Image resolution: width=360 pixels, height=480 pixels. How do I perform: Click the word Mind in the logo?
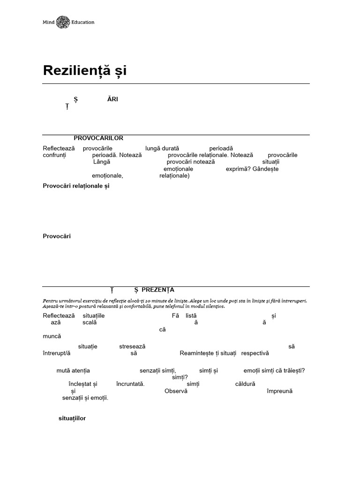pyautogui.click(x=48, y=22)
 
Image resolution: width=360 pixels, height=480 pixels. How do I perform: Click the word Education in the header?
pyautogui.click(x=83, y=22)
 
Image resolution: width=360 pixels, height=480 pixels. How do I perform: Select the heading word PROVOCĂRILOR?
pyautogui.click(x=98, y=138)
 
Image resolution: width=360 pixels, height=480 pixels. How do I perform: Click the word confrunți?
pyautogui.click(x=55, y=155)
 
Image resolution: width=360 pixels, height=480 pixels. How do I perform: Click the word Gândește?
pyautogui.click(x=265, y=169)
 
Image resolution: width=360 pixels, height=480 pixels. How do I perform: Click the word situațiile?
pyautogui.click(x=93, y=315)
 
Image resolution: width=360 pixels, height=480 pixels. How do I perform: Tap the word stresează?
pyautogui.click(x=132, y=346)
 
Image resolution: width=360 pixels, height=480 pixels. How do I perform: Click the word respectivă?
pyautogui.click(x=255, y=353)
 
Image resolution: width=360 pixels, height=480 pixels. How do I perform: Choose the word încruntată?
pyautogui.click(x=130, y=384)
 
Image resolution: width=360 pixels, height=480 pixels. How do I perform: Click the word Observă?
pyautogui.click(x=176, y=391)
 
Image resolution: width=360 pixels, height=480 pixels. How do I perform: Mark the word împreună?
pyautogui.click(x=279, y=391)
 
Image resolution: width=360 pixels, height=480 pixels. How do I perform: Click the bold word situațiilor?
pyautogui.click(x=72, y=418)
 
